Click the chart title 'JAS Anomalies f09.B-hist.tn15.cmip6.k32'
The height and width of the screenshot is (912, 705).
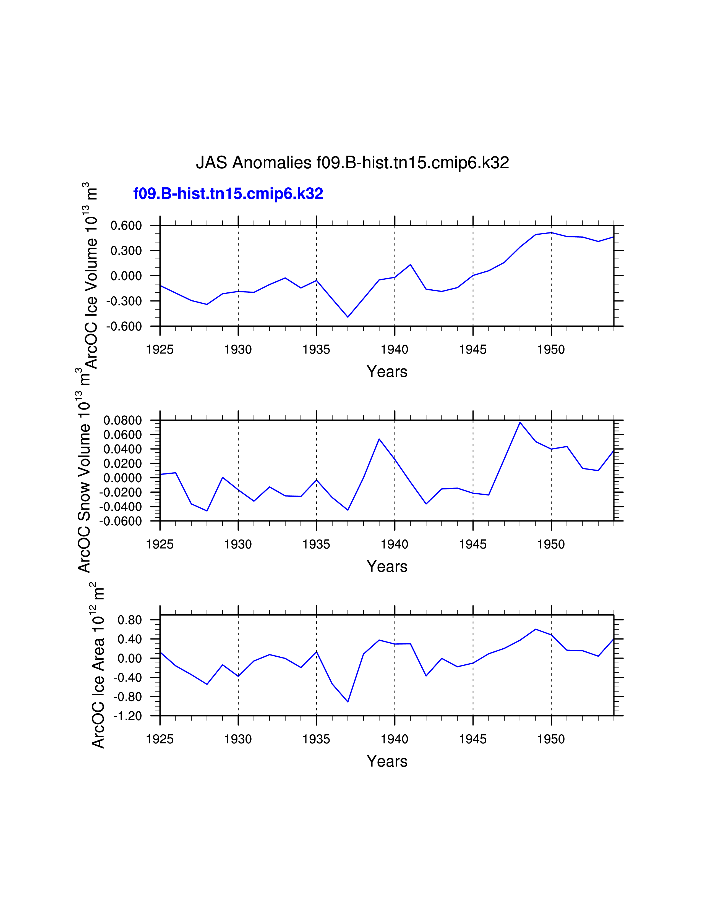pyautogui.click(x=352, y=163)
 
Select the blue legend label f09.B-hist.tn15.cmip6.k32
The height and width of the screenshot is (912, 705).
pyautogui.click(x=228, y=194)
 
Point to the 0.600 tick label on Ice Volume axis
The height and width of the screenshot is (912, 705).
pyautogui.click(x=126, y=226)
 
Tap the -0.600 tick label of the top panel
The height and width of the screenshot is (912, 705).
pyautogui.click(x=124, y=327)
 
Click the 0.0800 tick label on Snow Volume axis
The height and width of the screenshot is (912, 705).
pyautogui.click(x=123, y=421)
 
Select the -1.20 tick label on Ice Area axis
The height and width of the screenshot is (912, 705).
pyautogui.click(x=127, y=716)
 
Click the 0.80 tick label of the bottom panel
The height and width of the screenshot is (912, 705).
pyautogui.click(x=129, y=620)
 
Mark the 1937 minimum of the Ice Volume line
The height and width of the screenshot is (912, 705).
pyautogui.click(x=348, y=317)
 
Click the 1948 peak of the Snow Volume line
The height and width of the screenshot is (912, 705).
pyautogui.click(x=520, y=423)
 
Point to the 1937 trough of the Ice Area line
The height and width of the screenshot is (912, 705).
pyautogui.click(x=348, y=701)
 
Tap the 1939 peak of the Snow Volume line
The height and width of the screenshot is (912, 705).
pyautogui.click(x=379, y=439)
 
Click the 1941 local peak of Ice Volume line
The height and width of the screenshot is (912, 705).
pyautogui.click(x=411, y=265)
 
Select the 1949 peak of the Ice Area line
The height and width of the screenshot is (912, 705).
pyautogui.click(x=536, y=629)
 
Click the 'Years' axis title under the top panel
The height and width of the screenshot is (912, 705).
pyautogui.click(x=387, y=372)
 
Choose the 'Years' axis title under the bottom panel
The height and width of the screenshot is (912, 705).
pyautogui.click(x=387, y=761)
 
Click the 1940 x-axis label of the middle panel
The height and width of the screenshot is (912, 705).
pyautogui.click(x=395, y=544)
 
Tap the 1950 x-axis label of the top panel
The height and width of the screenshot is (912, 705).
pyautogui.click(x=551, y=350)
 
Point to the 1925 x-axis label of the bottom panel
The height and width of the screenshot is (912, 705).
pyautogui.click(x=160, y=740)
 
